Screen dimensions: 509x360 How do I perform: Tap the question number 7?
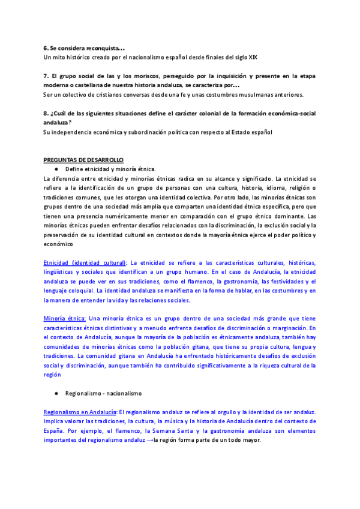[46, 76]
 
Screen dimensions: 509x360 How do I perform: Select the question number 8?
[46, 113]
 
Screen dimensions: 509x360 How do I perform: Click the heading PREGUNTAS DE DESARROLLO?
[83, 160]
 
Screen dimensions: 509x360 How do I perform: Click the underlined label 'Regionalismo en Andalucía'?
[80, 412]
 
